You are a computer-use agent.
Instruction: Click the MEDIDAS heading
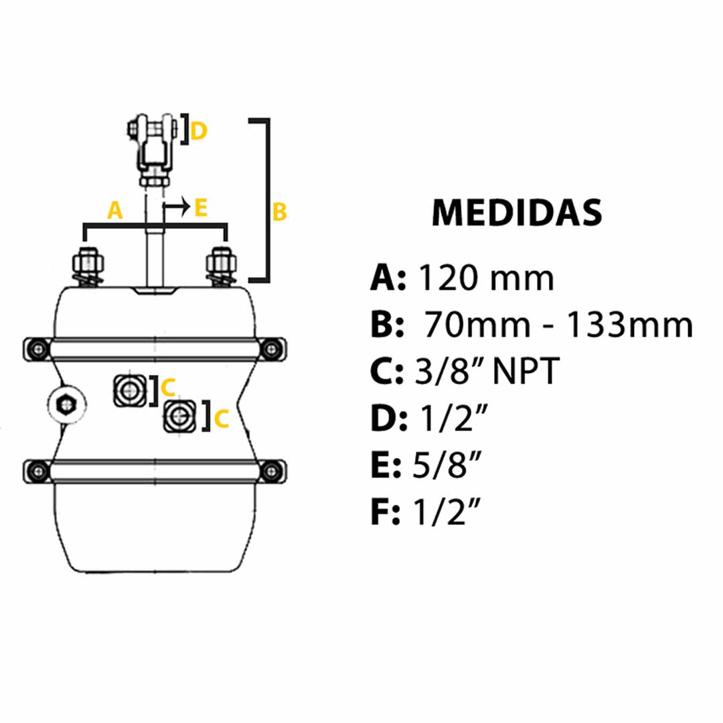[517, 213]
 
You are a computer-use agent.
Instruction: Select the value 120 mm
[485, 278]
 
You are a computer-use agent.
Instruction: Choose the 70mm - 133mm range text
[557, 325]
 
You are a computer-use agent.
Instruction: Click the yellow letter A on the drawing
[115, 212]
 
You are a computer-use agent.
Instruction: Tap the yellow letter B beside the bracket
[279, 212]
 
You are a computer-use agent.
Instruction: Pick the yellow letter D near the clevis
[198, 131]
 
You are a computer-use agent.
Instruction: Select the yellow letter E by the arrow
[200, 208]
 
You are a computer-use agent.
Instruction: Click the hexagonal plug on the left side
[66, 404]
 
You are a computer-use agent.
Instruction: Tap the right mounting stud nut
[221, 258]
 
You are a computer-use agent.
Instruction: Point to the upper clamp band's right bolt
[272, 348]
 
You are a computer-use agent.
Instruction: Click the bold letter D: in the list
[388, 420]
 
